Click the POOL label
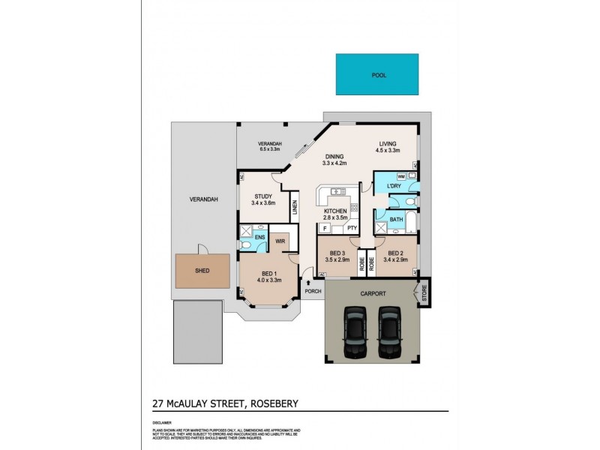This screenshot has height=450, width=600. pyautogui.click(x=379, y=75)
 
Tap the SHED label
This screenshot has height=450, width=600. pyautogui.click(x=202, y=270)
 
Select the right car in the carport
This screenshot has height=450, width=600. pyautogui.click(x=389, y=331)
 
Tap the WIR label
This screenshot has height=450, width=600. pyautogui.click(x=280, y=241)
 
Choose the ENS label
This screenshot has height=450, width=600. pyautogui.click(x=259, y=238)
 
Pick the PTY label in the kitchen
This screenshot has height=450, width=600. pyautogui.click(x=351, y=228)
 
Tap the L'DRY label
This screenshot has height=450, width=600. pyautogui.click(x=393, y=186)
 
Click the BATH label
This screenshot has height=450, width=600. pyautogui.click(x=396, y=220)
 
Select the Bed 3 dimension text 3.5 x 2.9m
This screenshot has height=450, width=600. pyautogui.click(x=337, y=259)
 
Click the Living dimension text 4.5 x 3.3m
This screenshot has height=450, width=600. pyautogui.click(x=388, y=150)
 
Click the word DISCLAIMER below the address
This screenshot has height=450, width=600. pyautogui.click(x=162, y=421)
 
